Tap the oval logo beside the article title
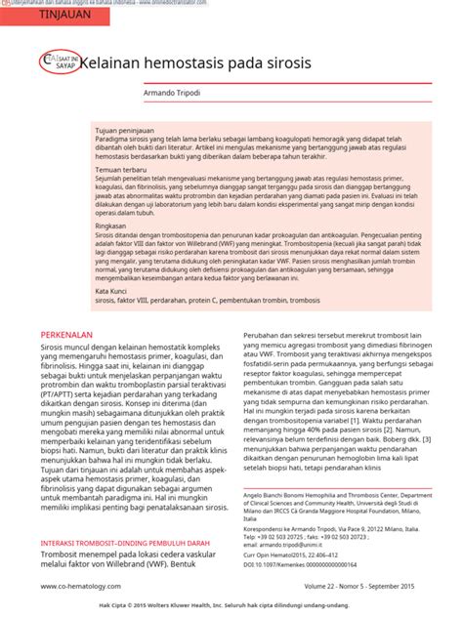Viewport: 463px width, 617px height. [55, 62]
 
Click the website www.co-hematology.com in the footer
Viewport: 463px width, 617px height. [81, 586]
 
